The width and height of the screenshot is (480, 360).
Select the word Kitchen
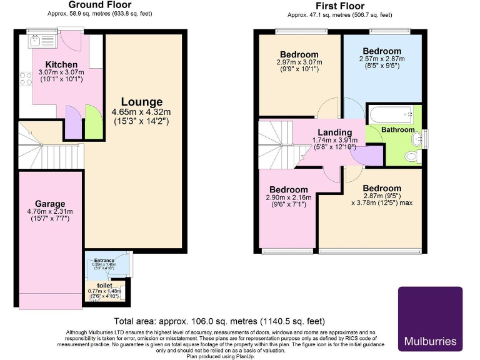point(61,64)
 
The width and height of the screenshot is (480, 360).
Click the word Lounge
point(141,102)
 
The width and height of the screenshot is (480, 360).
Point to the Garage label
point(50,204)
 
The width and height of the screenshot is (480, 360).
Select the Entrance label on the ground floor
point(104,260)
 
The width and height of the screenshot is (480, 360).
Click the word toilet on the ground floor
point(104,285)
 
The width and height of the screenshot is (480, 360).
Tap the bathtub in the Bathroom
point(389,115)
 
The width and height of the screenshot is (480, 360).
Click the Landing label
point(334,132)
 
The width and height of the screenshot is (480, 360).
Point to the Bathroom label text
point(398,129)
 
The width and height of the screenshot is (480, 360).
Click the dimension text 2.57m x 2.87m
point(382,59)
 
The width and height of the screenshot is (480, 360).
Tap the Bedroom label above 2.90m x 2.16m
point(288,189)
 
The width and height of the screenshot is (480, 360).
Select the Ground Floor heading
point(100,6)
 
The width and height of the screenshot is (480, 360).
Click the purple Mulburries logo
point(430,318)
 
